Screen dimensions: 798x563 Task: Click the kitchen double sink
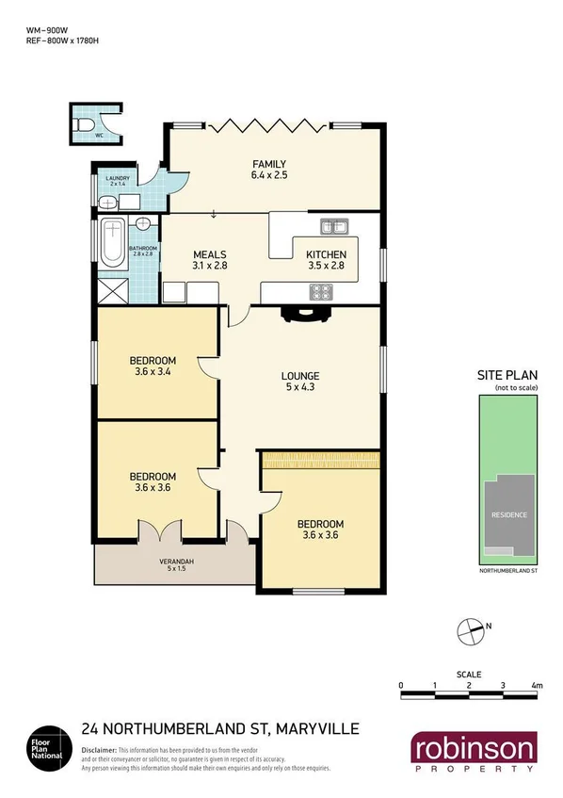[x=332, y=226]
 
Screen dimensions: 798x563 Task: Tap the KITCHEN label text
[x=327, y=255]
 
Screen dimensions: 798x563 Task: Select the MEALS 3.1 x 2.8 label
[x=210, y=260]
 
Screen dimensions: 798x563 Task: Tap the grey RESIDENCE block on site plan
[x=507, y=515]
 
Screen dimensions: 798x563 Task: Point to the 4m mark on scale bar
[x=537, y=685]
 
